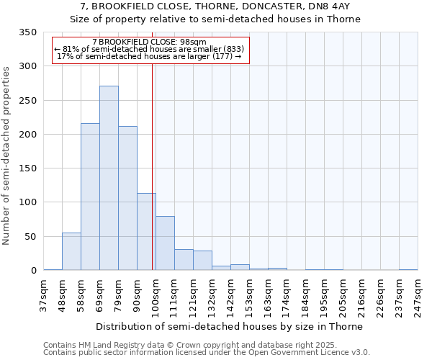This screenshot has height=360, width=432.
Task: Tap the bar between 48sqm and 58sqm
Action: (x=71, y=251)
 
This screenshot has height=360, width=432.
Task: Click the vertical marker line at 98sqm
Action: (x=153, y=166)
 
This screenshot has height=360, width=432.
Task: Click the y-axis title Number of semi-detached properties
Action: (x=7, y=156)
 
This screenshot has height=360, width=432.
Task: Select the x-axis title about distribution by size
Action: (x=229, y=326)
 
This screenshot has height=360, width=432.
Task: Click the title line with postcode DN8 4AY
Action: (x=215, y=6)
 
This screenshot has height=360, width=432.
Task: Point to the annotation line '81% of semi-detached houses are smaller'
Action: (x=150, y=49)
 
